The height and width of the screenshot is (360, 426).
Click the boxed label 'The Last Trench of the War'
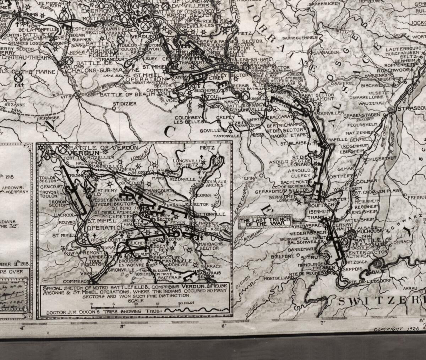coord(265,222)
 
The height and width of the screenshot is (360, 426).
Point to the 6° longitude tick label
coord(224,326)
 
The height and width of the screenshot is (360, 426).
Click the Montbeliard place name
coord(275,278)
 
